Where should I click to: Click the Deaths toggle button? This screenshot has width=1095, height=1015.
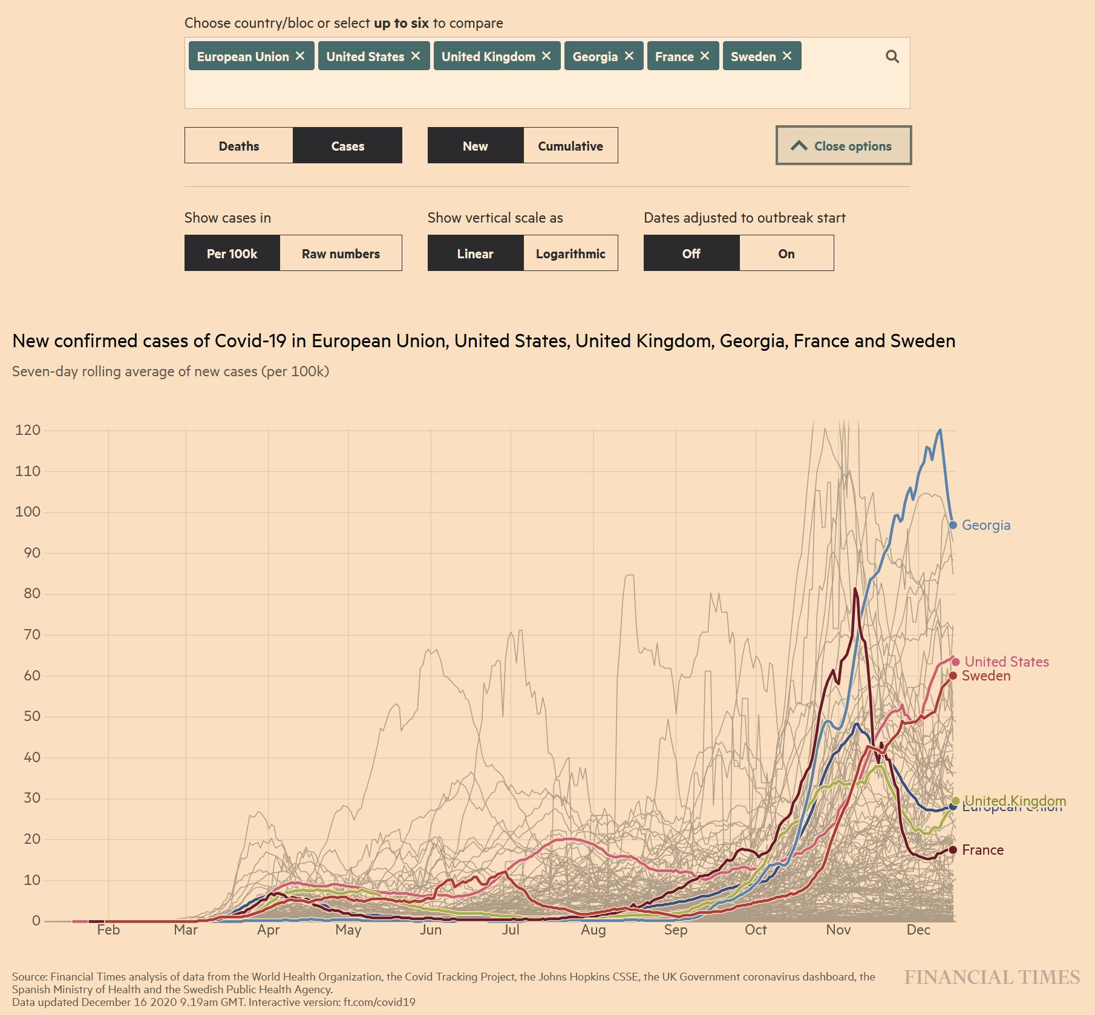(239, 146)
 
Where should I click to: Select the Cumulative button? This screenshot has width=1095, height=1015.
(570, 146)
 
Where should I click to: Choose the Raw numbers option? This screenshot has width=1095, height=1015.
(341, 253)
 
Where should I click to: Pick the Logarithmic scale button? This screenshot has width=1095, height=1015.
(570, 253)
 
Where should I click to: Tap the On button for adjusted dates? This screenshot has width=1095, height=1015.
(786, 253)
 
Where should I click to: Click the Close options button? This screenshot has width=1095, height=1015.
(843, 146)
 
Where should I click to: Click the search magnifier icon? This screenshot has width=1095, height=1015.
(892, 57)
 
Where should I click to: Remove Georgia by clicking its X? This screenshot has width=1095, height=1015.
(629, 56)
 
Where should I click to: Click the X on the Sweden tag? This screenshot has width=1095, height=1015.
(787, 56)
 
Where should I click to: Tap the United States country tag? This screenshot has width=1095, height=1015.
(365, 56)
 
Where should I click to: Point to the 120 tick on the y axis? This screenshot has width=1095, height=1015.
(28, 430)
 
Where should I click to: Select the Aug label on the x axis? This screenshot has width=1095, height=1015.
(593, 930)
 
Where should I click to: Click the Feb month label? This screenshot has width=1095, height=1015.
(108, 930)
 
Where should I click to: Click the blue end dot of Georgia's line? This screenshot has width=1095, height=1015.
(953, 524)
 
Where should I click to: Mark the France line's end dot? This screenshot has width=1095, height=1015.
(953, 850)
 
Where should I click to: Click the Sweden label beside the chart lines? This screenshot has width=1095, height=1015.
(986, 676)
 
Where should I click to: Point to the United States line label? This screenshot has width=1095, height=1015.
(1007, 662)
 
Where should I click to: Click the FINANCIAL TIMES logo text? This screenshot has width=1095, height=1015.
(992, 977)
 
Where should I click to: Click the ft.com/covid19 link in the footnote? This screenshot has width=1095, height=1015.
(379, 1002)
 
